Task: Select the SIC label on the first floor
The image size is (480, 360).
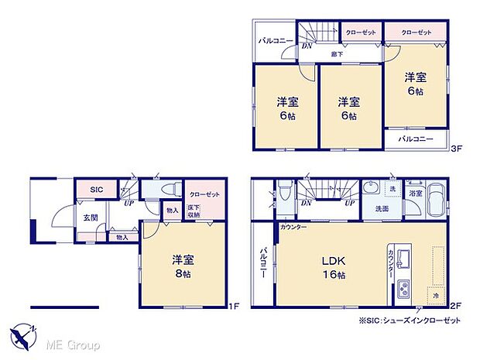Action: click(x=96, y=189)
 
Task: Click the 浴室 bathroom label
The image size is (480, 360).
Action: click(x=416, y=193)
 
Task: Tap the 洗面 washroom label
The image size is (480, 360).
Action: click(x=382, y=208)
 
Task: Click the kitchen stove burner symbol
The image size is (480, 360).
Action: click(x=406, y=291)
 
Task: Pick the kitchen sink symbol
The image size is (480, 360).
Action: click(x=405, y=255)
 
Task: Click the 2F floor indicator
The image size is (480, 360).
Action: click(x=455, y=306)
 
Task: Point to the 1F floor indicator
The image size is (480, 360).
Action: click(x=234, y=306)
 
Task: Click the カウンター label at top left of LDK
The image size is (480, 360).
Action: click(x=293, y=227)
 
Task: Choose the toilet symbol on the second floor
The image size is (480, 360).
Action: click(x=284, y=190)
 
